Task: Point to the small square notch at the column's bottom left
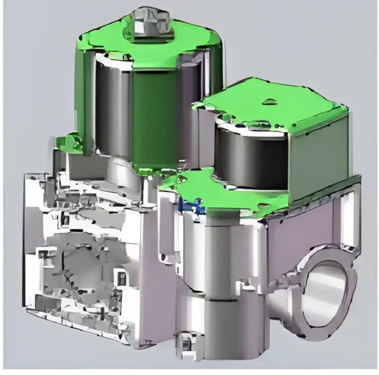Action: pos(184,340)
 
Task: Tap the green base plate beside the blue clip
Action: pos(225,195)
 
